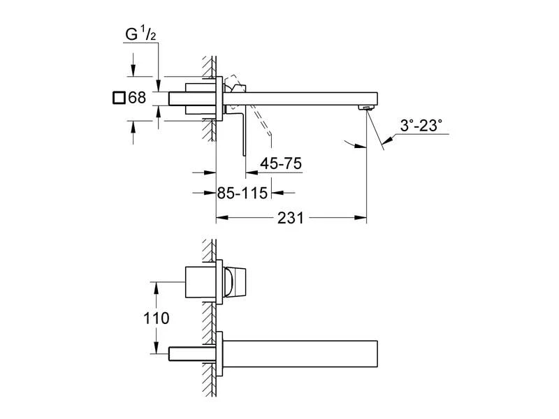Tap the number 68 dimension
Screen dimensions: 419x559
tap(138, 98)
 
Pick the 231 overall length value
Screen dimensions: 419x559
tap(290, 218)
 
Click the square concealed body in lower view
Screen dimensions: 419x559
tap(199, 283)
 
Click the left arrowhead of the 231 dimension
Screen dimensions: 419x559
tap(219, 218)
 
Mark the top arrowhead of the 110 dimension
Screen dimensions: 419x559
tap(153, 284)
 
